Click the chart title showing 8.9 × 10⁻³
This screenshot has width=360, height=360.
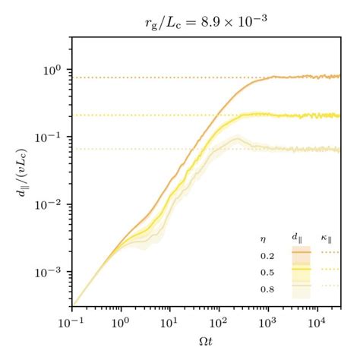click(x=207, y=21)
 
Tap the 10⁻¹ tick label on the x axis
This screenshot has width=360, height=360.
click(x=73, y=322)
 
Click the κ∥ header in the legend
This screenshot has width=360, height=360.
click(x=330, y=237)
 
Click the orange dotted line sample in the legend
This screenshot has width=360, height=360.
click(x=330, y=252)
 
